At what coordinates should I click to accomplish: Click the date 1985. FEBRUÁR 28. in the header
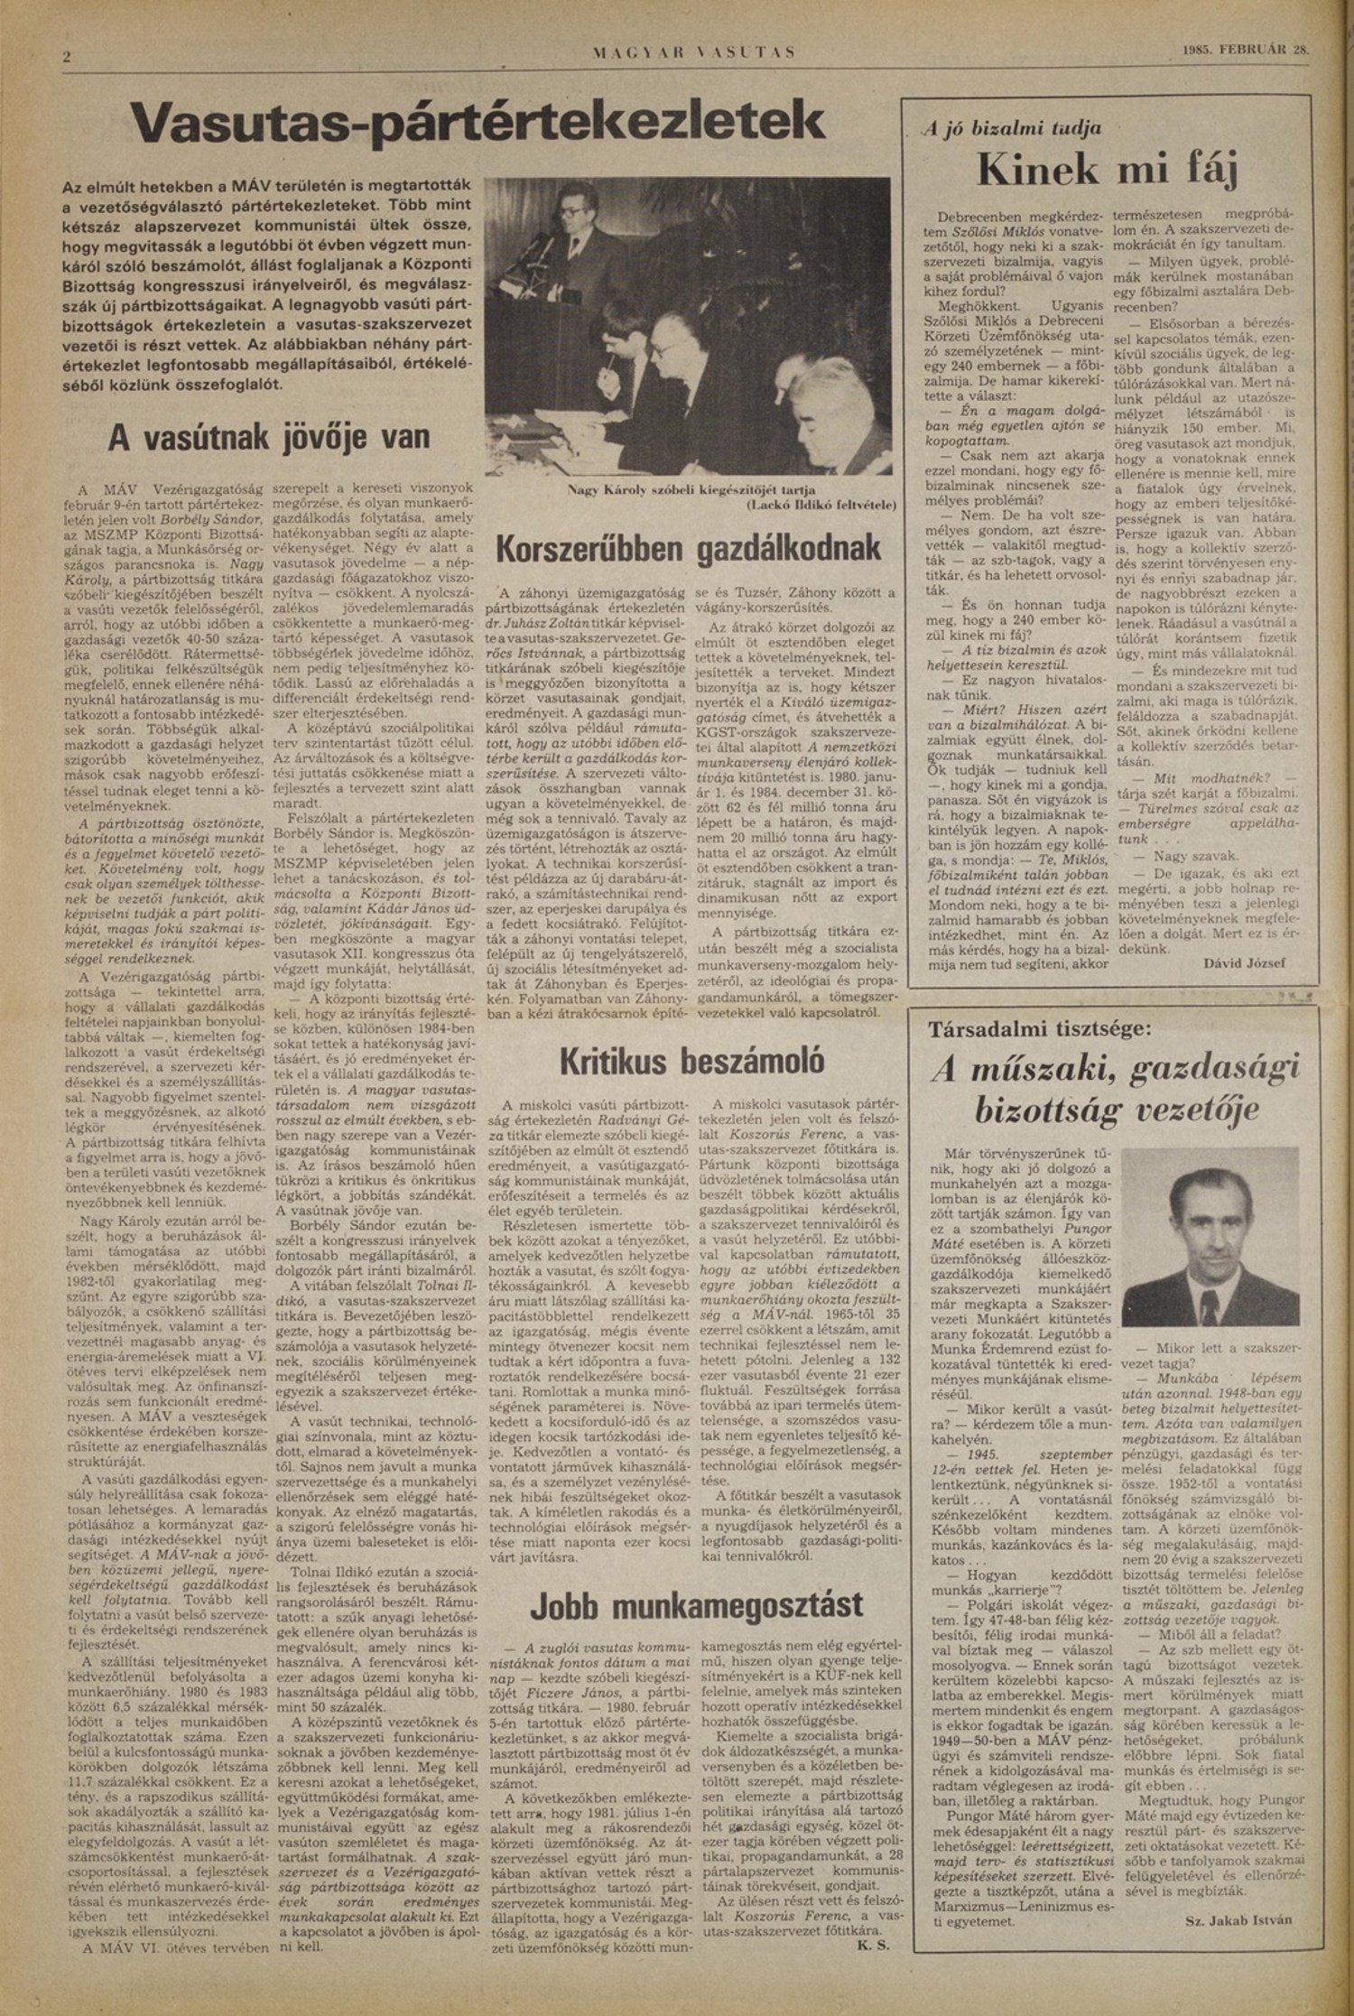(1245, 51)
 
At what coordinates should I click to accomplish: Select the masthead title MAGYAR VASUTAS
(694, 52)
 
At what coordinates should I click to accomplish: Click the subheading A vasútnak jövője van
(269, 438)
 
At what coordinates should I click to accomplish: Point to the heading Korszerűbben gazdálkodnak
(689, 548)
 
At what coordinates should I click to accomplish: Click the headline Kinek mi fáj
(1107, 171)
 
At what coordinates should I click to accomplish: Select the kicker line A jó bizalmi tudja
(1011, 128)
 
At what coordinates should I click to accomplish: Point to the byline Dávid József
(1243, 963)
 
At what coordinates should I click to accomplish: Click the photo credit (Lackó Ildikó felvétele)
(821, 506)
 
